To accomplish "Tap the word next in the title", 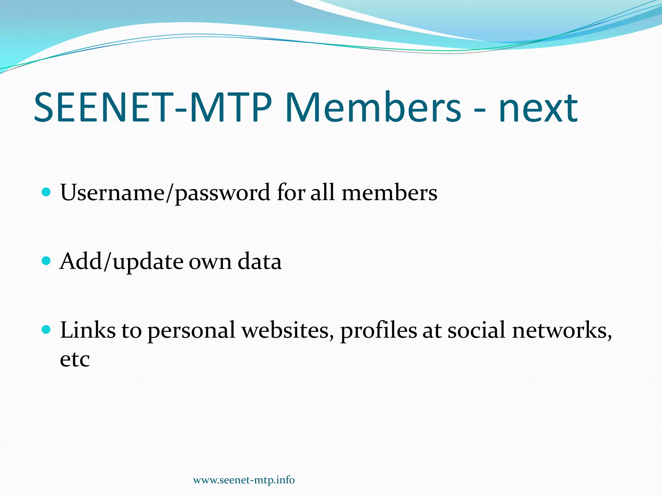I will (x=538, y=108).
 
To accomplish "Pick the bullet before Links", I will (x=47, y=330).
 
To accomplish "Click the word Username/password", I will (x=165, y=193).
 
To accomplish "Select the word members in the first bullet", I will (x=390, y=192).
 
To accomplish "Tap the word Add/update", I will (x=121, y=262).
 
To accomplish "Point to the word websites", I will (x=288, y=331).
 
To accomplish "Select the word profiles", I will (x=379, y=331).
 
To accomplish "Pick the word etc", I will (x=75, y=359).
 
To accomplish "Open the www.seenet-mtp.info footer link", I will (x=244, y=480).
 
